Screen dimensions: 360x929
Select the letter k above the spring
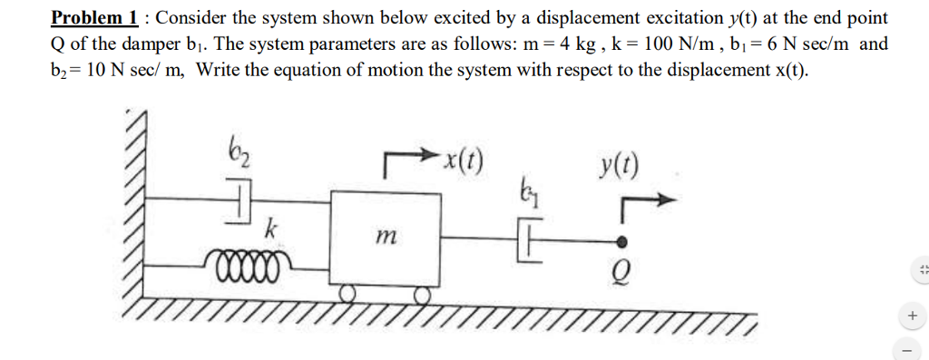click(x=269, y=229)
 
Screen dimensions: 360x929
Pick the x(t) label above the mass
click(x=463, y=164)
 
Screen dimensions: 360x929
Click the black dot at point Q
click(x=622, y=242)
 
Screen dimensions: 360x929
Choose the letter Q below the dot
click(x=622, y=269)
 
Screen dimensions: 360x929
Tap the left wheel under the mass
click(x=348, y=292)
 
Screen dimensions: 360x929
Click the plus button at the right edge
click(x=912, y=315)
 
